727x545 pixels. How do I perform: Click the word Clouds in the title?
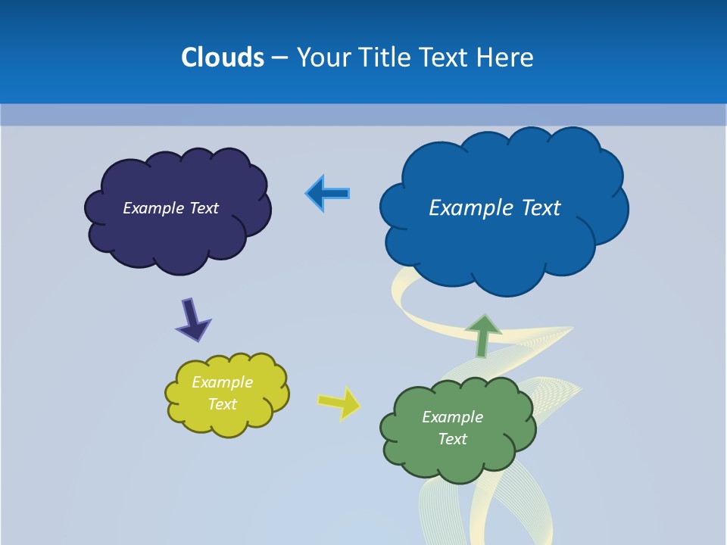223,57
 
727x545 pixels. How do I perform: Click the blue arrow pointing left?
327,194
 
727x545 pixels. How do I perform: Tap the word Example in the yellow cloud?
223,382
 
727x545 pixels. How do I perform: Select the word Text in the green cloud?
453,439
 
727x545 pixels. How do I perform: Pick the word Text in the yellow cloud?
223,404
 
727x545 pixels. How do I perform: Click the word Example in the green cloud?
453,417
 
